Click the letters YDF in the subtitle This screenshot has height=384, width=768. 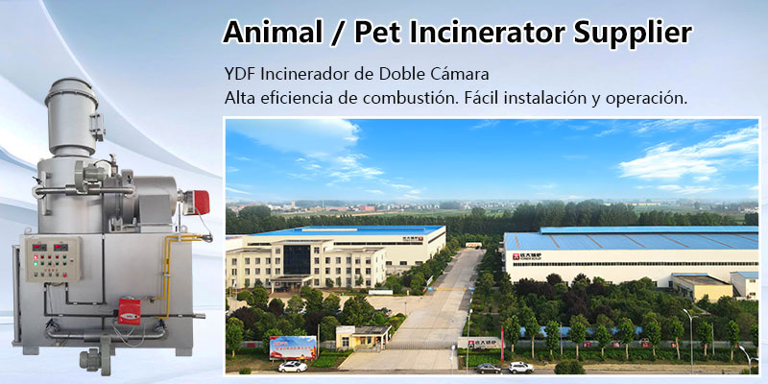238,74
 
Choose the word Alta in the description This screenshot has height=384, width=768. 240,98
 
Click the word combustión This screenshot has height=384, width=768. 428,98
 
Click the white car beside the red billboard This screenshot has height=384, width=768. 292,366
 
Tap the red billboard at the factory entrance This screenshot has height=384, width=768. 292,346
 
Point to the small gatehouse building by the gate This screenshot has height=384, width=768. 364,336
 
